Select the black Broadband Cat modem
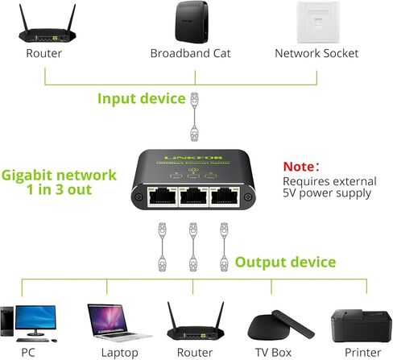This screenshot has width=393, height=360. (x=196, y=23)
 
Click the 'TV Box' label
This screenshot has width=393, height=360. (x=272, y=353)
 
